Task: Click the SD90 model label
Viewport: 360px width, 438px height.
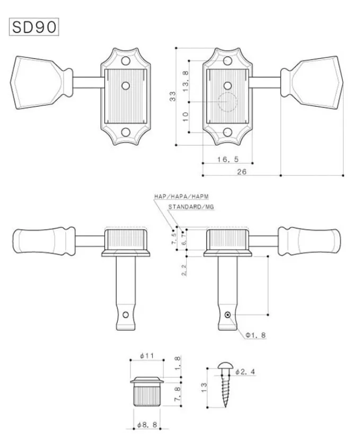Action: pyautogui.click(x=33, y=27)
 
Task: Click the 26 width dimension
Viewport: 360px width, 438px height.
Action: pyautogui.click(x=242, y=171)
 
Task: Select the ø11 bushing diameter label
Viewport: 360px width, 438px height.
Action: pyautogui.click(x=146, y=355)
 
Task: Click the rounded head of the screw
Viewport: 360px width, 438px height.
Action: pyautogui.click(x=224, y=367)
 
